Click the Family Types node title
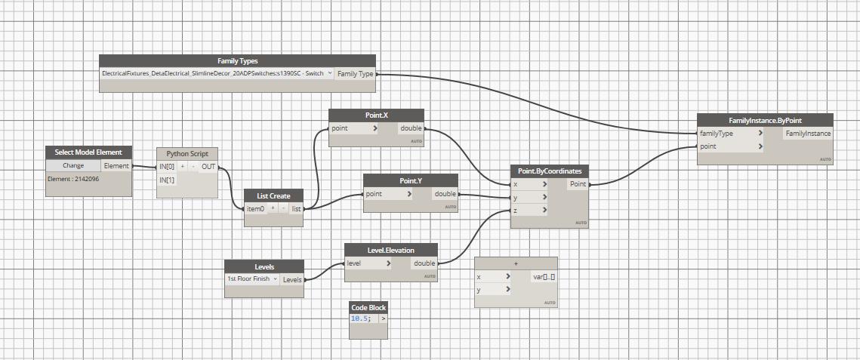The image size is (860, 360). click(x=238, y=60)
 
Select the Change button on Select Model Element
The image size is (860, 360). click(x=73, y=165)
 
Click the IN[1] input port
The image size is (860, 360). click(x=167, y=180)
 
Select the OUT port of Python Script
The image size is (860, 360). click(x=208, y=166)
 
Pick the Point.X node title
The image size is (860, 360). click(x=375, y=115)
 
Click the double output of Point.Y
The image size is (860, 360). click(x=445, y=194)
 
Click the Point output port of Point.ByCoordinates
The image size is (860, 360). click(x=578, y=183)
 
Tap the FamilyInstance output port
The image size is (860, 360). click(x=808, y=134)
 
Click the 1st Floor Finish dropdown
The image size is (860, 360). click(x=253, y=278)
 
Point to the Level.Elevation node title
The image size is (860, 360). click(x=390, y=250)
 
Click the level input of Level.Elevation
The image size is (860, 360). click(x=353, y=263)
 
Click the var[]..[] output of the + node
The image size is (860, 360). click(x=544, y=277)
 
